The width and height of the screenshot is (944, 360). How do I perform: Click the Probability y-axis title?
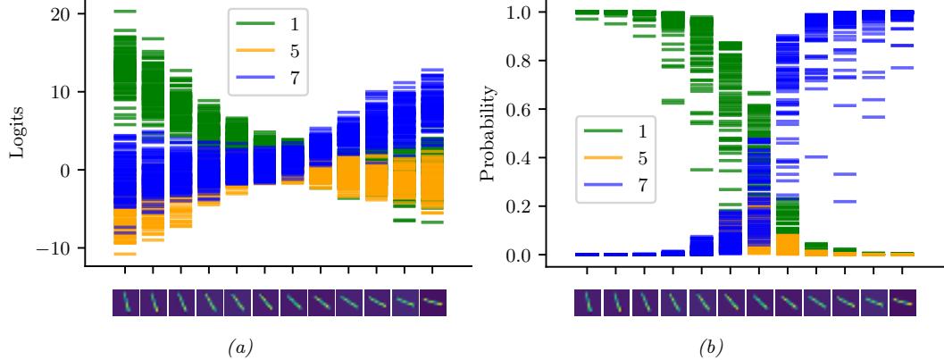[x=488, y=134]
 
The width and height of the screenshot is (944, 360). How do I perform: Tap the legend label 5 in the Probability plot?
[x=640, y=161]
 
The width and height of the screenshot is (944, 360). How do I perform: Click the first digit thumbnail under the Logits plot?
[x=125, y=302]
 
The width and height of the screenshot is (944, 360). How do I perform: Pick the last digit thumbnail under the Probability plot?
[x=901, y=302]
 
